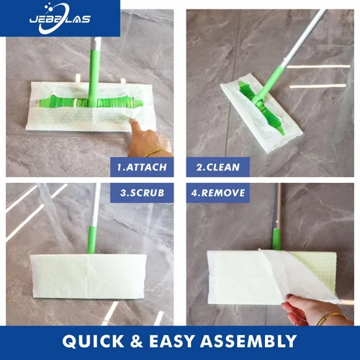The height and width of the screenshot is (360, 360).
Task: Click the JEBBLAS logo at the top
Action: (x=60, y=19)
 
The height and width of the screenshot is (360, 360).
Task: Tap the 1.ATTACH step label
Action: (x=142, y=167)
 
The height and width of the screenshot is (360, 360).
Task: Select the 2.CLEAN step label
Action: (x=218, y=167)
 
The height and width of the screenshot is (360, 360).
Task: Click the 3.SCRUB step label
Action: (x=142, y=193)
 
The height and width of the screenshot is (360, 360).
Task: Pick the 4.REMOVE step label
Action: (x=218, y=193)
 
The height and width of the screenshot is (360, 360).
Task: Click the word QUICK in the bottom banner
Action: (x=93, y=341)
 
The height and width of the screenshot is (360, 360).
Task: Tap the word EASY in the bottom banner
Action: (x=171, y=341)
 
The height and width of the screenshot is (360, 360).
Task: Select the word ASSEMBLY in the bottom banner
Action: (x=248, y=341)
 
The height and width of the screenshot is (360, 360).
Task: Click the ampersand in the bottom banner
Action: (x=137, y=341)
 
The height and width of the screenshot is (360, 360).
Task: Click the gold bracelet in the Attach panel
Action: (x=156, y=152)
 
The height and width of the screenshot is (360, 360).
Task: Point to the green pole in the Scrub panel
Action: (x=91, y=240)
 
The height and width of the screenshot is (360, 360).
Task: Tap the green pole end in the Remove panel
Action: (x=276, y=239)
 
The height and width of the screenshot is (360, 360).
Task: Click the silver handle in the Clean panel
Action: (x=305, y=37)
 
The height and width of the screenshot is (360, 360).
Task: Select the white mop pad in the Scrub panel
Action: (x=89, y=276)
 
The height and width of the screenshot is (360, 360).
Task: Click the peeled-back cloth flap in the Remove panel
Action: (x=300, y=276)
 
